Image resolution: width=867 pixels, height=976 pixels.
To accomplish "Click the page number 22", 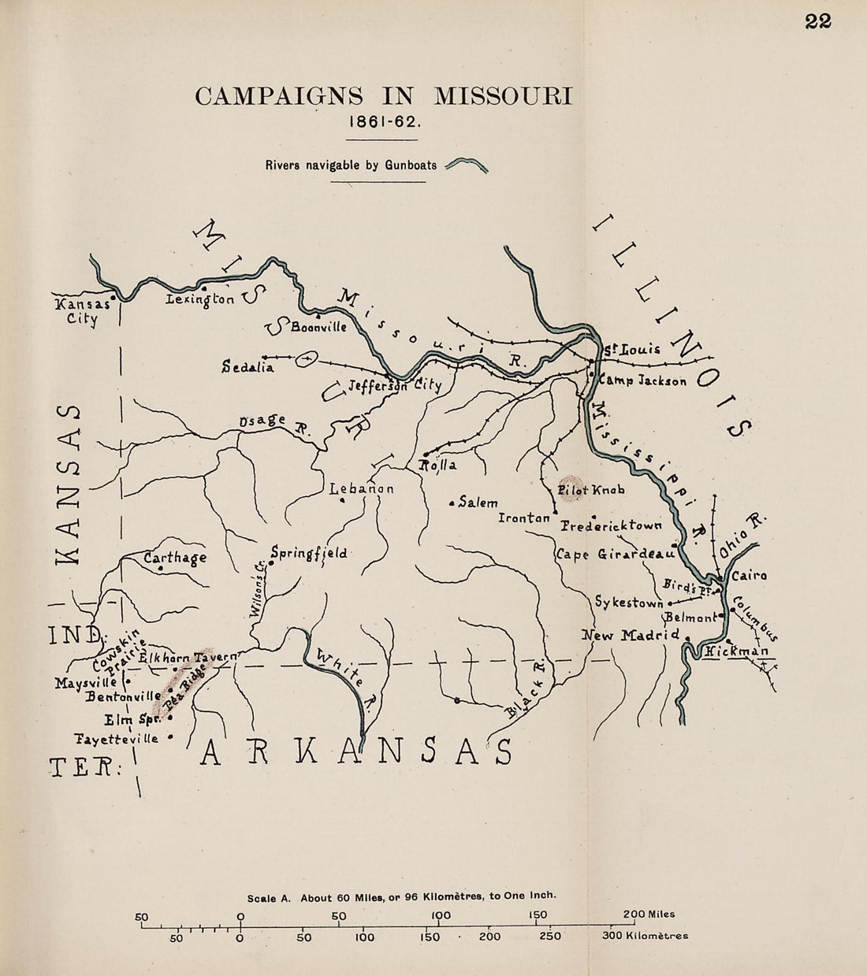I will tap(818, 22).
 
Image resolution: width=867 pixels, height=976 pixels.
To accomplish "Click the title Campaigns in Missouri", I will tap(384, 96).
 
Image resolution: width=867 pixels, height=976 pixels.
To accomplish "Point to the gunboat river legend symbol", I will tap(467, 165).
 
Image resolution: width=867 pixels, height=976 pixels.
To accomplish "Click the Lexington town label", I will tap(200, 300).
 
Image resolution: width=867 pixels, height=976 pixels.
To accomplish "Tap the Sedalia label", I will tap(247, 367).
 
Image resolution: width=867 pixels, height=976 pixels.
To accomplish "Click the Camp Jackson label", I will tap(643, 380).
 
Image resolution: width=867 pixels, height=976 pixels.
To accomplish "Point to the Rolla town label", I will tap(438, 466).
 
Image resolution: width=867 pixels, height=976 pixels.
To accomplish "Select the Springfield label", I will tap(308, 553).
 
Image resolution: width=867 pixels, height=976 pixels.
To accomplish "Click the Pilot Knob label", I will tap(591, 490).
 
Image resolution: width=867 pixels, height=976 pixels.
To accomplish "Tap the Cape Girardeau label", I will tap(617, 554).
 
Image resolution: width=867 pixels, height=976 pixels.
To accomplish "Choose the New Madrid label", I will tap(631, 635).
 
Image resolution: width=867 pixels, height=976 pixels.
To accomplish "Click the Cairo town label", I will tap(750, 576).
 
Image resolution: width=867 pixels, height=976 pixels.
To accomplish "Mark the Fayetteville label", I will tap(116, 739).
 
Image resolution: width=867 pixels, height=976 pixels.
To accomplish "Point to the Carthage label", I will tap(175, 558).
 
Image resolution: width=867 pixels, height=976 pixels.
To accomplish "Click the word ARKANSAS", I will tap(356, 753).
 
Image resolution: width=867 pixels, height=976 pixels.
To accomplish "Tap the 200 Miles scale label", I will tap(649, 914).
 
